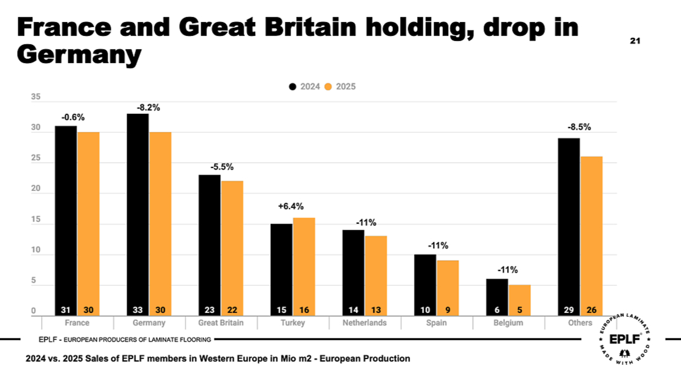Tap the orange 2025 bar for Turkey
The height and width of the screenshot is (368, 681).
pos(304,266)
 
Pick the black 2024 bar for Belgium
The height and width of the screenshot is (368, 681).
pos(497,297)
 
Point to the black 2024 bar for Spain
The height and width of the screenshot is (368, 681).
pos(425,285)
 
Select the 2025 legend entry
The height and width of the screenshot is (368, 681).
pos(340,87)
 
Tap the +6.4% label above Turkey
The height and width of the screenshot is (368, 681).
pos(291,206)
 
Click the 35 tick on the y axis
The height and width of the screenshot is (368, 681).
pos(35,97)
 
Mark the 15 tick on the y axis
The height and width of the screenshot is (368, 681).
pos(35,220)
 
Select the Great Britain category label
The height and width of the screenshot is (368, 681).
pos(221,323)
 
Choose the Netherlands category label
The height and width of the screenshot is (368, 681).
pos(365,323)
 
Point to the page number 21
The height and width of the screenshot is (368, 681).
pos(635,41)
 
